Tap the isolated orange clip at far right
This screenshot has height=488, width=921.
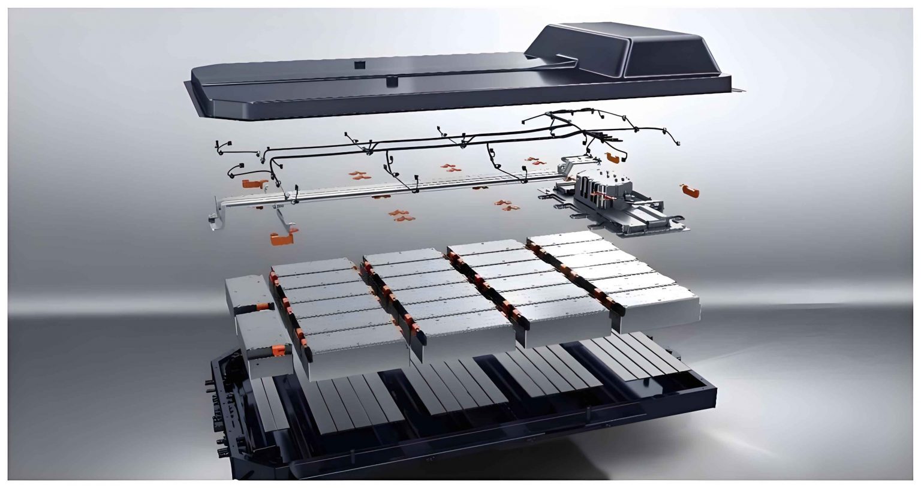tap(689, 190)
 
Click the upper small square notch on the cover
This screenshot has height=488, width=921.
tap(359, 63)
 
